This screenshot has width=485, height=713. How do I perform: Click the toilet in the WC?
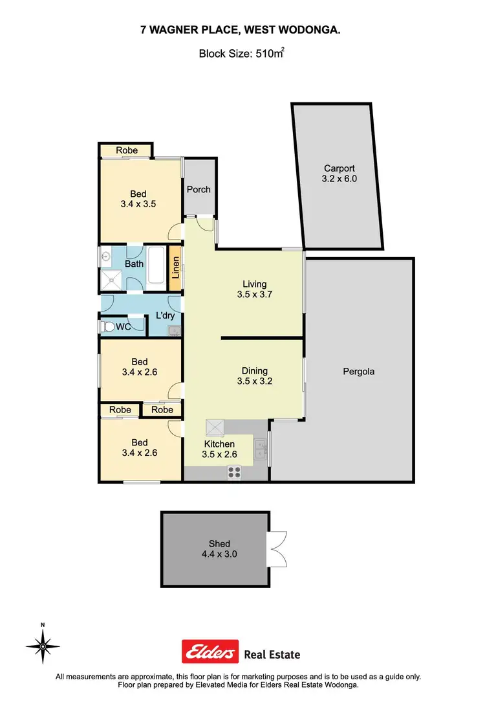[x=107, y=327]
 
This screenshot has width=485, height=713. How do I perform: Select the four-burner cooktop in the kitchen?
[x=233, y=473]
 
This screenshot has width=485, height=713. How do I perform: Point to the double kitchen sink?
[x=261, y=448]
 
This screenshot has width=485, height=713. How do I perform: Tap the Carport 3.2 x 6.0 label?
[x=339, y=173]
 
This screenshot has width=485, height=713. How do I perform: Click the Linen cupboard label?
[x=175, y=267]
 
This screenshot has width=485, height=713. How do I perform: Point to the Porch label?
[x=199, y=190]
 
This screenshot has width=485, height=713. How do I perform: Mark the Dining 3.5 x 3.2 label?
[x=254, y=376]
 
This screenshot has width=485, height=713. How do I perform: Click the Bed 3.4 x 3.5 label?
[x=138, y=198]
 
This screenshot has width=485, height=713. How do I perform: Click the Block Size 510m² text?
[x=241, y=55]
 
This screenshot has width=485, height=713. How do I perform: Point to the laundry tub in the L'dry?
[x=173, y=331]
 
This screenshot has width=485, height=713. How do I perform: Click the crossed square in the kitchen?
[x=214, y=427]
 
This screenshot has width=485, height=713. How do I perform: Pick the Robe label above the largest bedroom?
[x=127, y=150]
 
